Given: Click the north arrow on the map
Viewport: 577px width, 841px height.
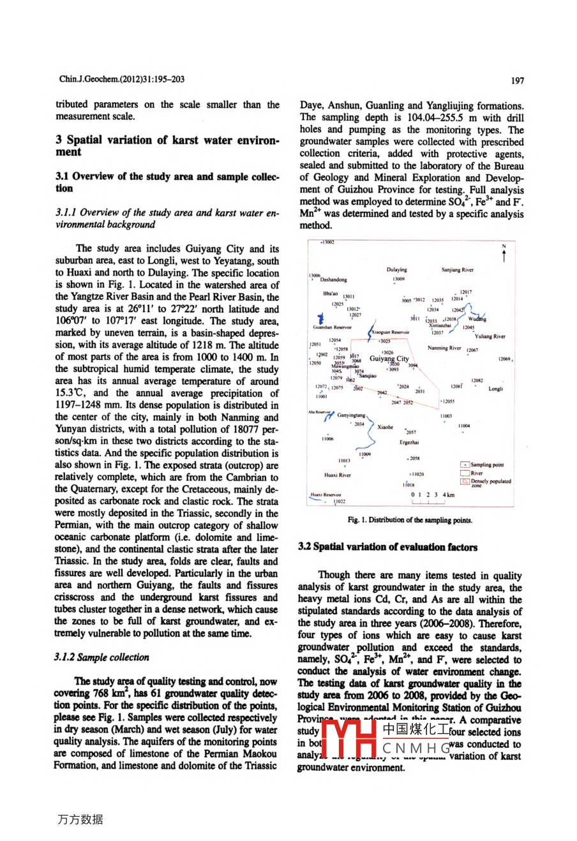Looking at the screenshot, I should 504,254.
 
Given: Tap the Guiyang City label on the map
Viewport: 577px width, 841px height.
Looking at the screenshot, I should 389,359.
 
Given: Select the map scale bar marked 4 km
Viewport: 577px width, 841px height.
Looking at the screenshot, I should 432,498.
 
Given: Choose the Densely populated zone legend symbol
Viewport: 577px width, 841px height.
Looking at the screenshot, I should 465,482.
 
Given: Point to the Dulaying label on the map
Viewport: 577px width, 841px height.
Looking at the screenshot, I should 396,270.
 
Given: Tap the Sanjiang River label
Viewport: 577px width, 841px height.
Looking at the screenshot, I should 458,270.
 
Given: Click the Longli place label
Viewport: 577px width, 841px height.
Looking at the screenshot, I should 496,389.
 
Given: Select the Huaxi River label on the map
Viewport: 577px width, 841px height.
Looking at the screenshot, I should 337,475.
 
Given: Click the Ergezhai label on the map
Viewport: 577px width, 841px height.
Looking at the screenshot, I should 409,442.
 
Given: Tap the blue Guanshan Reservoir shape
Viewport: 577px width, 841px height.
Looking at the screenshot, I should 320,319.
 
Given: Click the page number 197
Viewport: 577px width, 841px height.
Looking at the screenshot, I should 518,80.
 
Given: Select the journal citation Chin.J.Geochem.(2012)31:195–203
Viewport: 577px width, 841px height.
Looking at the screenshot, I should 122,79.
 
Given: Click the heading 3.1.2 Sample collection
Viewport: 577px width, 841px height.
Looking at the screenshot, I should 102,657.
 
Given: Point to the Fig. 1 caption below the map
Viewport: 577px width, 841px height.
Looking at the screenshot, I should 410,520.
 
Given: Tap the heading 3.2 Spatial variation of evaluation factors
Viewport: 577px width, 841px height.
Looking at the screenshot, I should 387,547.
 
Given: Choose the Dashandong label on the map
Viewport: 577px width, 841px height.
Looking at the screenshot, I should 333,279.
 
